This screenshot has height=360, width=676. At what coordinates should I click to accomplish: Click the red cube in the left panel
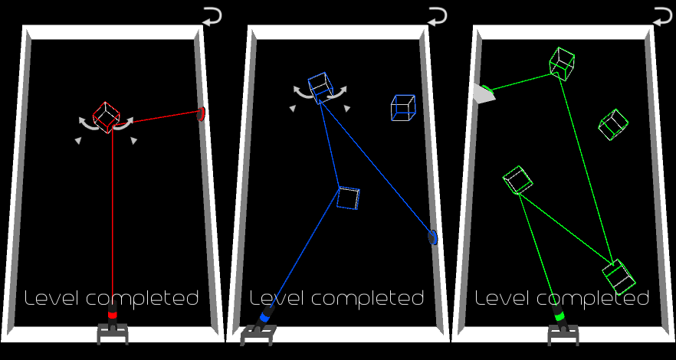click(107, 116)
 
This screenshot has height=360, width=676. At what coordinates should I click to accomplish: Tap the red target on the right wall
click(202, 114)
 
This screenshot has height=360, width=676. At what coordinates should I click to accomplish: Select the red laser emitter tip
click(113, 314)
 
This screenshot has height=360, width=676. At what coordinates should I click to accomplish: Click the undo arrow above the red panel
click(212, 15)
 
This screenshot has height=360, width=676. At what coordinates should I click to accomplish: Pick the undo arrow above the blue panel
click(437, 15)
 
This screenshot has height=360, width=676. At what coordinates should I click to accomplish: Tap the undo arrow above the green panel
click(662, 15)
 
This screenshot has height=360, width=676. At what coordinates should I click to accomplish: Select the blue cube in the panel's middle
click(348, 198)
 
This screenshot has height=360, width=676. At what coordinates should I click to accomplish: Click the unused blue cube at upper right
click(402, 107)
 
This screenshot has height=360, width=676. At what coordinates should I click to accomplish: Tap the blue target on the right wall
click(433, 237)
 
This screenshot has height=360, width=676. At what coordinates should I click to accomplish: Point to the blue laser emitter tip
click(265, 316)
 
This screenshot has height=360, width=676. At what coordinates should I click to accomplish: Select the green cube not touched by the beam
click(613, 124)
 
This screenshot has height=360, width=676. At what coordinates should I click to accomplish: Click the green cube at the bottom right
click(617, 276)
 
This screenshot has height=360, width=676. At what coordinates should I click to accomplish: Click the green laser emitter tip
click(559, 315)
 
